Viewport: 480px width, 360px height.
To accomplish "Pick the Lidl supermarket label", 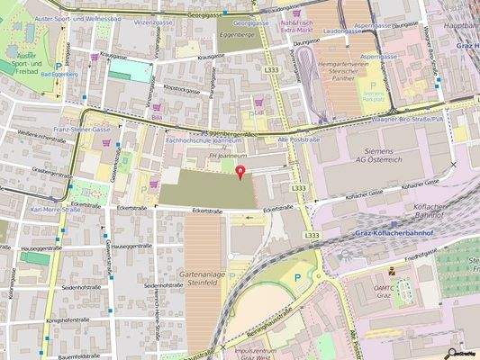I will (x=258, y=112).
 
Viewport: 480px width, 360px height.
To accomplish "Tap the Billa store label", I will (x=157, y=117).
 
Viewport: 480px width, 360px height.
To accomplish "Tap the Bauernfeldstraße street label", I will (x=80, y=356).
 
